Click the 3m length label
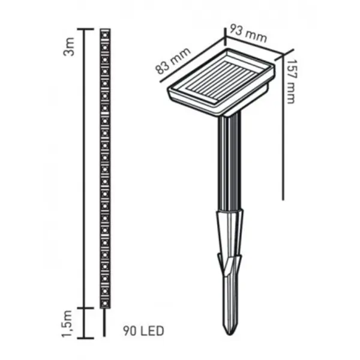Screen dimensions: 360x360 click(x=69, y=47)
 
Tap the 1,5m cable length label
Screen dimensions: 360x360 click(x=67, y=324)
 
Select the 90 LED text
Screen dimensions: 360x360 click(x=144, y=331)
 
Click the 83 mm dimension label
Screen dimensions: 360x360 click(x=173, y=61)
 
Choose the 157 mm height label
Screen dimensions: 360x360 click(x=290, y=82)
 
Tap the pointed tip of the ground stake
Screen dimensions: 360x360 click(x=230, y=335)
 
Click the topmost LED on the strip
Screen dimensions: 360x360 click(x=105, y=35)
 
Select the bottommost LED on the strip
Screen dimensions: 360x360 click(x=105, y=303)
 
